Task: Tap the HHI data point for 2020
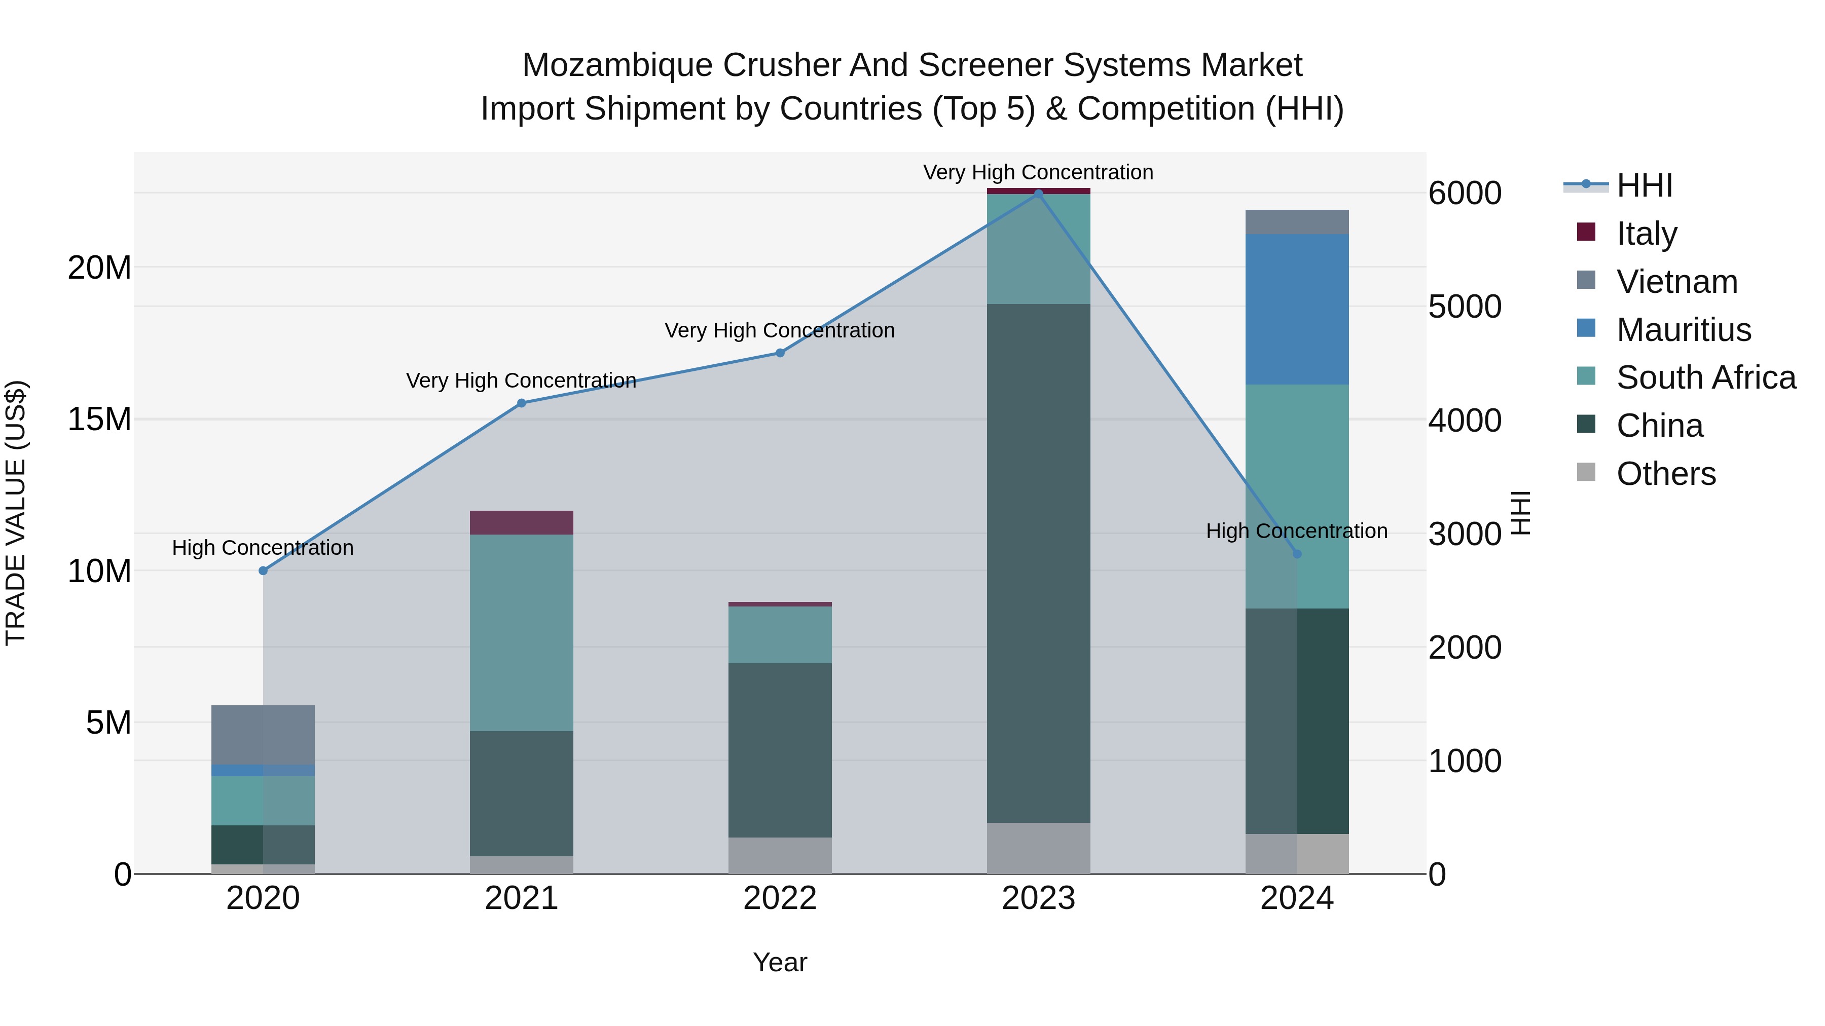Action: pyautogui.click(x=263, y=571)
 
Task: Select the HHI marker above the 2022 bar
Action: pyautogui.click(x=780, y=353)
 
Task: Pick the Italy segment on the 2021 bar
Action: pyautogui.click(x=522, y=522)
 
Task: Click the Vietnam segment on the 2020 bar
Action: pyautogui.click(x=263, y=735)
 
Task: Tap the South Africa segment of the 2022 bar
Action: pyautogui.click(x=780, y=634)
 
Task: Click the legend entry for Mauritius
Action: pyautogui.click(x=1683, y=330)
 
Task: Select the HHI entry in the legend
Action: pyautogui.click(x=1644, y=185)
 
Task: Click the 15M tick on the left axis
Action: pyautogui.click(x=99, y=419)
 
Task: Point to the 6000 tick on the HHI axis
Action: pyautogui.click(x=1465, y=194)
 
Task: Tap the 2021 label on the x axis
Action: pyautogui.click(x=522, y=898)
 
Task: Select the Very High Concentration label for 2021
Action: pyautogui.click(x=522, y=381)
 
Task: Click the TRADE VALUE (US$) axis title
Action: pyautogui.click(x=16, y=513)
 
